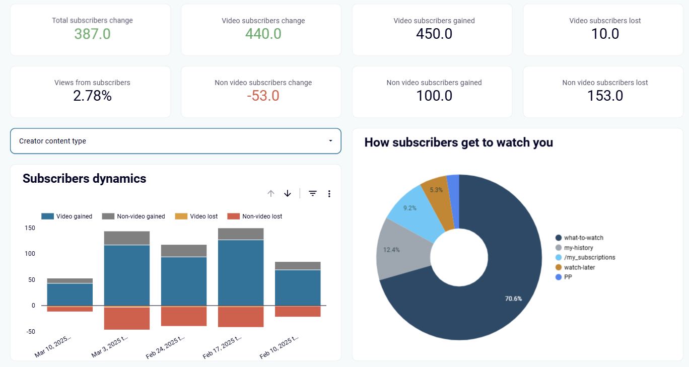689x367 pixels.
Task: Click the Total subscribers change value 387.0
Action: click(92, 34)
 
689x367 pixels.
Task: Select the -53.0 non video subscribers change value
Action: click(263, 96)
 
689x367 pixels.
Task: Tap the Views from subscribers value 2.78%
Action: click(92, 96)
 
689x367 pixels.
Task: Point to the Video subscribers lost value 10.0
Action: click(605, 34)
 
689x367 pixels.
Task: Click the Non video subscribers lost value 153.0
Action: click(605, 96)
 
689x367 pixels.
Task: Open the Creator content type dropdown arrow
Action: click(330, 141)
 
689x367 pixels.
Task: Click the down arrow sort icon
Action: click(287, 193)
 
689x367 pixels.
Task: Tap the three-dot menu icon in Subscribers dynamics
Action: click(329, 194)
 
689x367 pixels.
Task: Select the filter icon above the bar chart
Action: click(312, 193)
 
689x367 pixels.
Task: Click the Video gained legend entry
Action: click(67, 216)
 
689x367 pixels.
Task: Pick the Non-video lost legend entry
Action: click(255, 216)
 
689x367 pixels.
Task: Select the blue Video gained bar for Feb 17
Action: click(241, 273)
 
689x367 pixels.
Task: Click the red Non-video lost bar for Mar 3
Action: click(127, 319)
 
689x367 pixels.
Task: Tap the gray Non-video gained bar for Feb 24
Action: click(184, 251)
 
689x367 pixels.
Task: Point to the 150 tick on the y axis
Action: click(30, 228)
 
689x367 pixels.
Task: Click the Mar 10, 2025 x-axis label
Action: click(52, 347)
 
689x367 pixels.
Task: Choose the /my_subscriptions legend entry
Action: click(585, 258)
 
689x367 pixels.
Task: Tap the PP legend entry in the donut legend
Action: click(564, 277)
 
